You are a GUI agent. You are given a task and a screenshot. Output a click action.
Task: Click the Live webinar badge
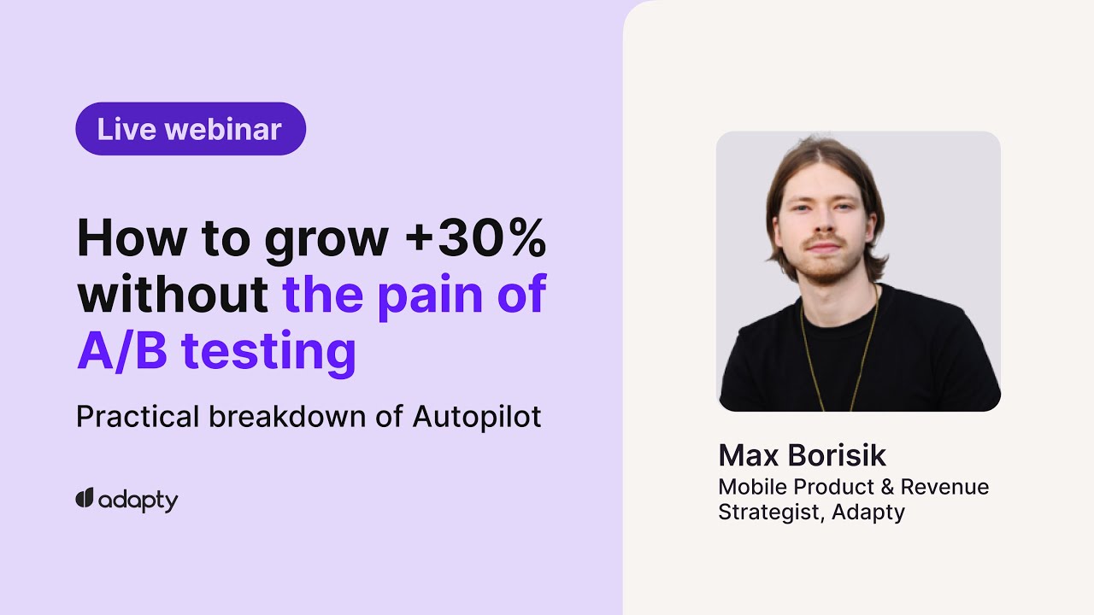[190, 129]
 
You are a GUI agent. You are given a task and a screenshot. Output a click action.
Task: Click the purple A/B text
[121, 351]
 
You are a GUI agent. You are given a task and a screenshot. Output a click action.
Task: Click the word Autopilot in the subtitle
[477, 417]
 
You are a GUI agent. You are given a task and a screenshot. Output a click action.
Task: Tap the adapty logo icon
[84, 498]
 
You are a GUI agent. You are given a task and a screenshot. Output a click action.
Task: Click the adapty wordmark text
[138, 501]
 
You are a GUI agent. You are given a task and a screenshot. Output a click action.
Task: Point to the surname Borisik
[838, 455]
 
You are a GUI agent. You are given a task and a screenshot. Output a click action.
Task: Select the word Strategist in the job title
[771, 512]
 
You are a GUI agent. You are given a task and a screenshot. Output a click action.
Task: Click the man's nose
[821, 229]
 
